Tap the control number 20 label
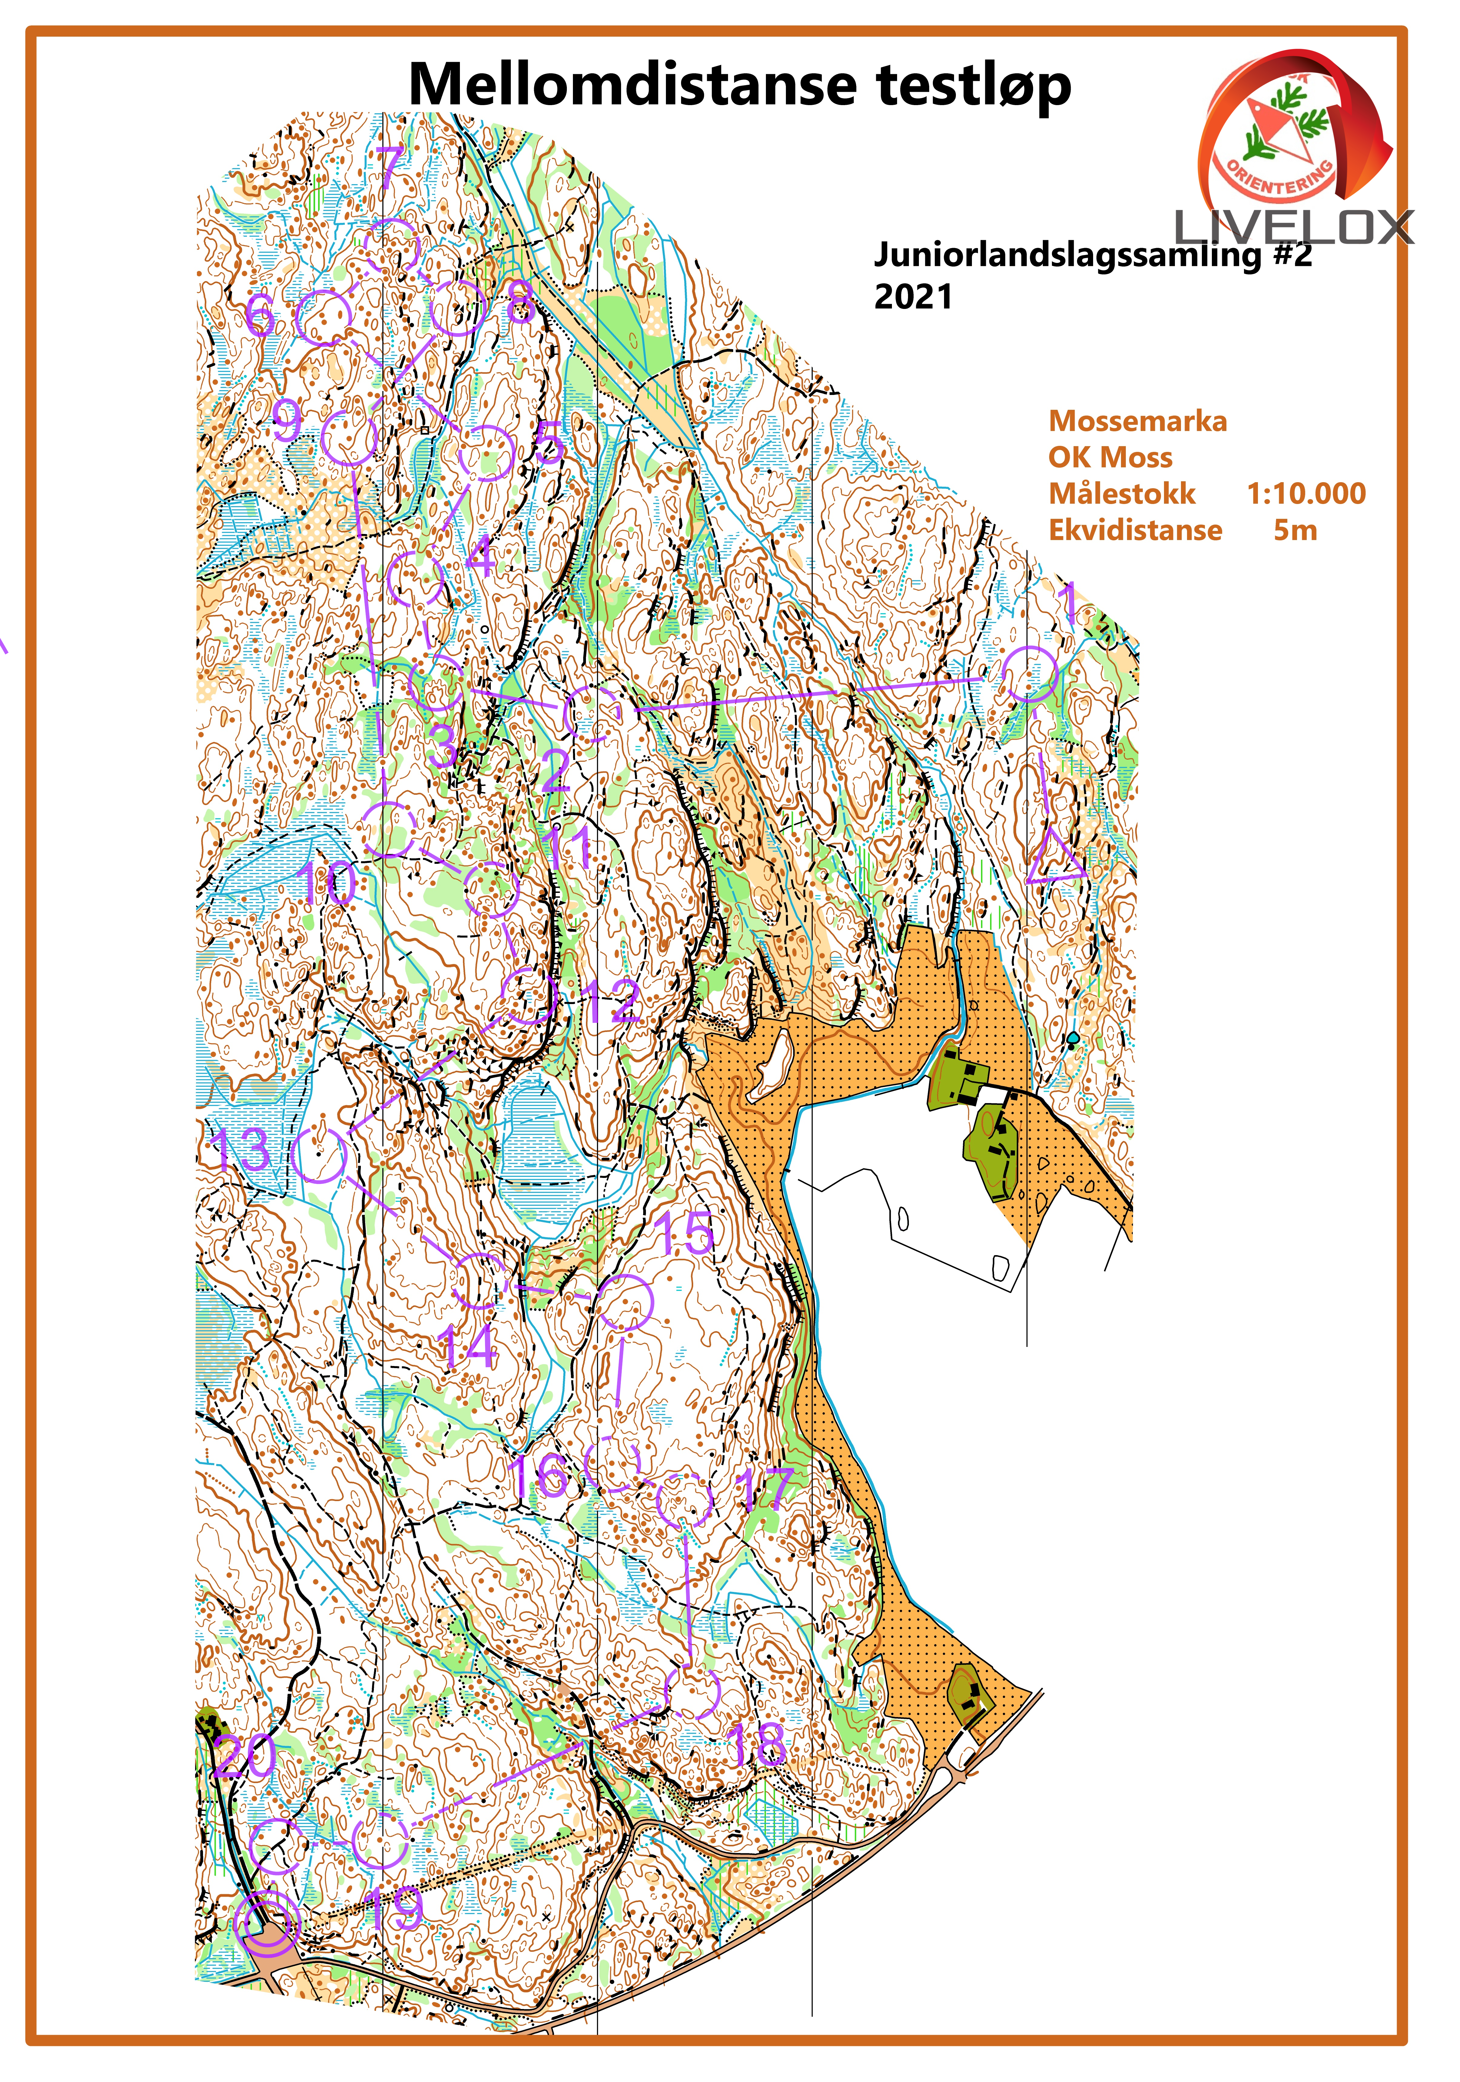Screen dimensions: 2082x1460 (246, 1755)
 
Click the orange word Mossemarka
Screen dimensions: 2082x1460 (1137, 421)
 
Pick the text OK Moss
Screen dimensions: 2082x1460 (1110, 457)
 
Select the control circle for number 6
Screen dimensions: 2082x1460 (324, 317)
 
